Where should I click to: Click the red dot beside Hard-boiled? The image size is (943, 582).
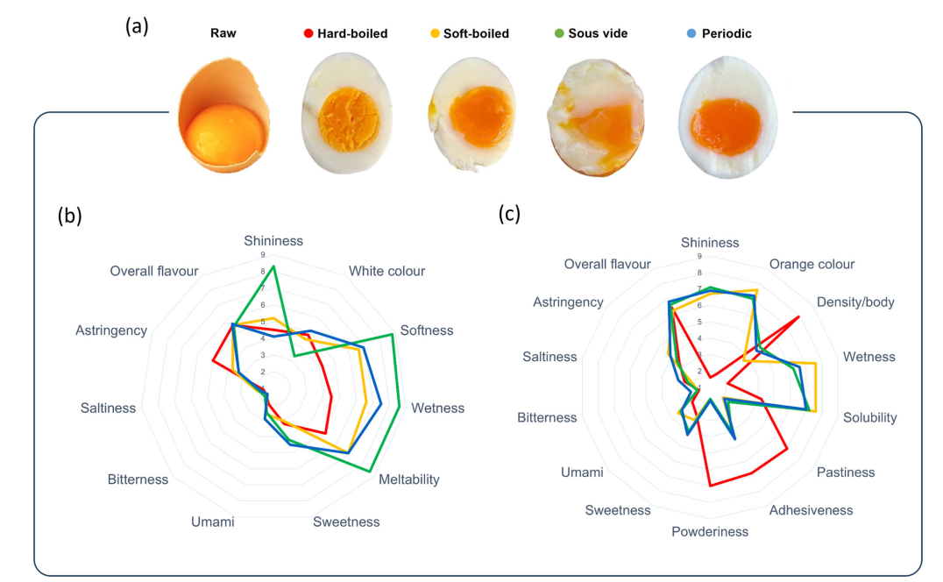(308, 34)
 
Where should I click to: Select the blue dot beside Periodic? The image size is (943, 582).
(693, 34)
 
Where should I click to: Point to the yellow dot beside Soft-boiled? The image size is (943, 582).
(434, 34)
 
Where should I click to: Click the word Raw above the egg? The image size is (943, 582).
(223, 34)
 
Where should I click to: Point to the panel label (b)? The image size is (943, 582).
(69, 216)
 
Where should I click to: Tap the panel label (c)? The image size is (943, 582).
(509, 213)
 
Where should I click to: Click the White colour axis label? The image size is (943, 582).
(386, 271)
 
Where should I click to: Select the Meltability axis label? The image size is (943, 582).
(409, 479)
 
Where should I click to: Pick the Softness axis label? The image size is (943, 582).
(427, 330)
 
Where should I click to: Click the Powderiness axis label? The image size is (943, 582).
(710, 531)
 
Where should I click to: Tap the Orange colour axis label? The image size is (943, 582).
(812, 264)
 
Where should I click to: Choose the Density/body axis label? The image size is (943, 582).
(855, 302)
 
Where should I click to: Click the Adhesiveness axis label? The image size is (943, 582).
(811, 510)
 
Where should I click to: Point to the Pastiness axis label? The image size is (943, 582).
(846, 472)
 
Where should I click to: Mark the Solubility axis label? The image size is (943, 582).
(869, 417)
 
